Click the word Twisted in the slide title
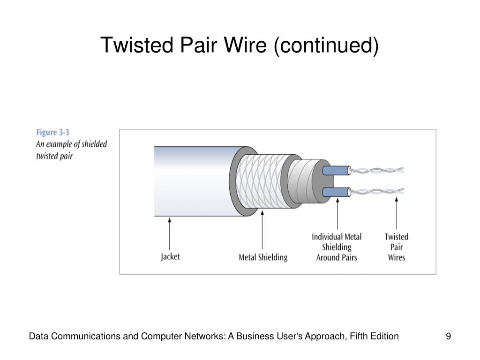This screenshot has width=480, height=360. [137, 45]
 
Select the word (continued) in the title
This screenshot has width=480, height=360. [326, 46]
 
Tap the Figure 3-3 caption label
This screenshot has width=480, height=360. [52, 132]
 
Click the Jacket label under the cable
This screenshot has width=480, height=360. [170, 256]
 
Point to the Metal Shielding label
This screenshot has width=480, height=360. [263, 257]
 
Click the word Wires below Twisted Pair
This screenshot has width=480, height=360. [397, 257]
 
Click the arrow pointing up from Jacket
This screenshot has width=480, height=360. [170, 234]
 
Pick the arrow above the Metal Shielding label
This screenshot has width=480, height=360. [262, 230]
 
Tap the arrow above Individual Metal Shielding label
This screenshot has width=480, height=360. [337, 214]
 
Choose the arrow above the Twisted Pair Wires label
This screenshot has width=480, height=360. [397, 213]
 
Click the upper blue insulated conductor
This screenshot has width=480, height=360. [337, 171]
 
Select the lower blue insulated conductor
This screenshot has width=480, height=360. [337, 192]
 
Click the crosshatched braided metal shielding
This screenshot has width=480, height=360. [262, 181]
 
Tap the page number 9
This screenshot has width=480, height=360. [448, 336]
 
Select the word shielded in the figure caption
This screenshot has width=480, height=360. [94, 144]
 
